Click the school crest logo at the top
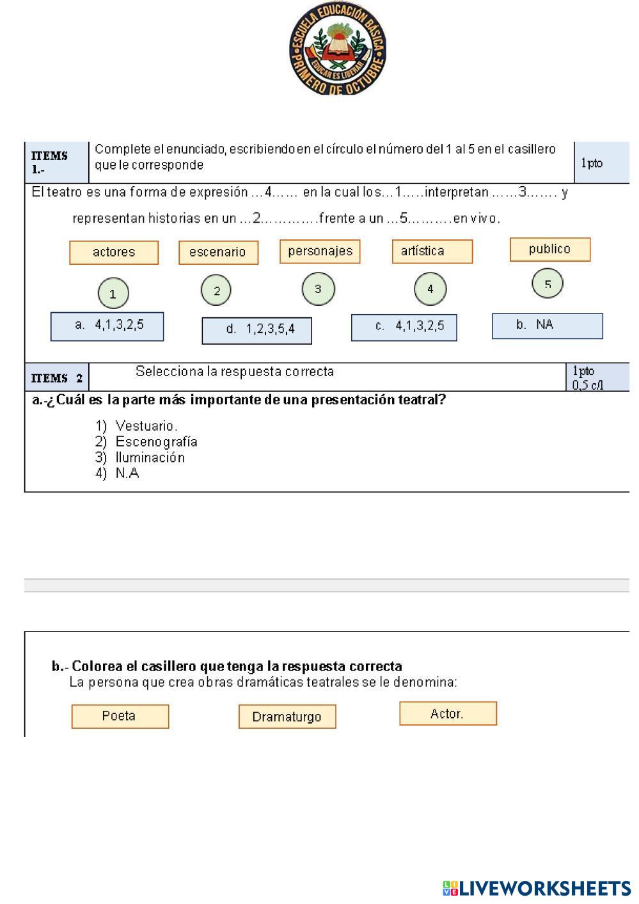pyautogui.click(x=337, y=49)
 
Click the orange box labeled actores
pyautogui.click(x=114, y=252)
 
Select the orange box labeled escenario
pyautogui.click(x=218, y=252)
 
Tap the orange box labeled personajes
pyautogui.click(x=320, y=251)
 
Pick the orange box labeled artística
pyautogui.click(x=432, y=251)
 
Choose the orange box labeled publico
pyautogui.click(x=549, y=249)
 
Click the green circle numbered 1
pyautogui.click(x=113, y=294)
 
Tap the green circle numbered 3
pyautogui.click(x=318, y=289)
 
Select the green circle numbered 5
pyautogui.click(x=548, y=283)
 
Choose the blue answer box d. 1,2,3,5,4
pyautogui.click(x=256, y=330)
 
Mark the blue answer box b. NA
pyautogui.click(x=547, y=326)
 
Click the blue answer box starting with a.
pyautogui.click(x=107, y=326)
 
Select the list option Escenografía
pyautogui.click(x=156, y=441)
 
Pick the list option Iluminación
pyautogui.click(x=150, y=457)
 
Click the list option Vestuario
pyautogui.click(x=146, y=425)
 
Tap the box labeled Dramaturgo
pyautogui.click(x=287, y=717)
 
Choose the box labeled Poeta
pyautogui.click(x=120, y=716)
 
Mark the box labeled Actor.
pyautogui.click(x=448, y=713)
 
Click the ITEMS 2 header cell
pyautogui.click(x=56, y=377)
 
